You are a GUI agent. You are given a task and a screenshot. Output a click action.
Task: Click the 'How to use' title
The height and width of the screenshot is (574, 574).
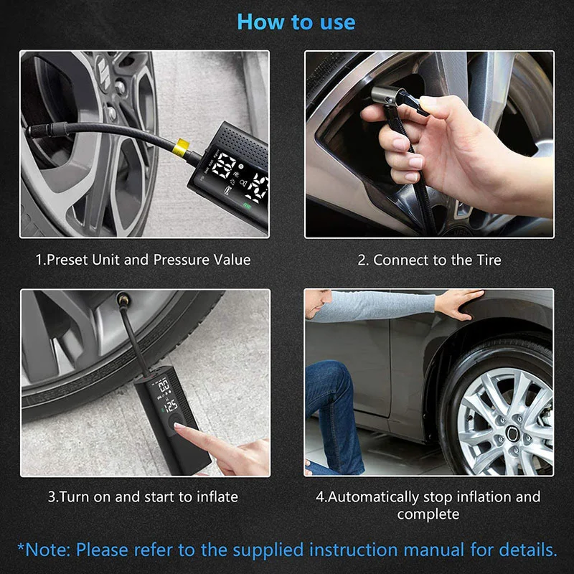tap(296, 22)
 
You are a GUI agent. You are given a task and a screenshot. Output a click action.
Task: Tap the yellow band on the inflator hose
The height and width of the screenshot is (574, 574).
tap(182, 147)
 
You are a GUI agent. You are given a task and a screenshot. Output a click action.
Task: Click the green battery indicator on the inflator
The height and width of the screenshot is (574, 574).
tap(248, 207)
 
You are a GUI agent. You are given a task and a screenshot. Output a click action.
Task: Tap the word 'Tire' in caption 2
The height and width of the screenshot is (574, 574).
tap(489, 260)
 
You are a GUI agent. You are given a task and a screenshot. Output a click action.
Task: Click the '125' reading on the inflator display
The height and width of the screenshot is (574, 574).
tap(171, 405)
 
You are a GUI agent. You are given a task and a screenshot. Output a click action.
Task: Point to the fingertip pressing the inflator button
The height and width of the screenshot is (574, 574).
tap(180, 426)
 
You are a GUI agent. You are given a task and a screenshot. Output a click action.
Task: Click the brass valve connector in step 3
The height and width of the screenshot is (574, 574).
tap(122, 300)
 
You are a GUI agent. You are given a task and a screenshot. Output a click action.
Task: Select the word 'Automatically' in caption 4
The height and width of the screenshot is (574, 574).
tap(373, 497)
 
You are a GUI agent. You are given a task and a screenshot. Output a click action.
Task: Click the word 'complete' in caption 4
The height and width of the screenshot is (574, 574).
tap(428, 514)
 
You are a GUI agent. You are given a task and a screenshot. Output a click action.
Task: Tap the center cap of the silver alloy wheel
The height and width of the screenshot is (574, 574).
tap(512, 433)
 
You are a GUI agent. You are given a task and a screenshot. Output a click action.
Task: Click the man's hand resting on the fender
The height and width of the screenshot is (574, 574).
tap(460, 303)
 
